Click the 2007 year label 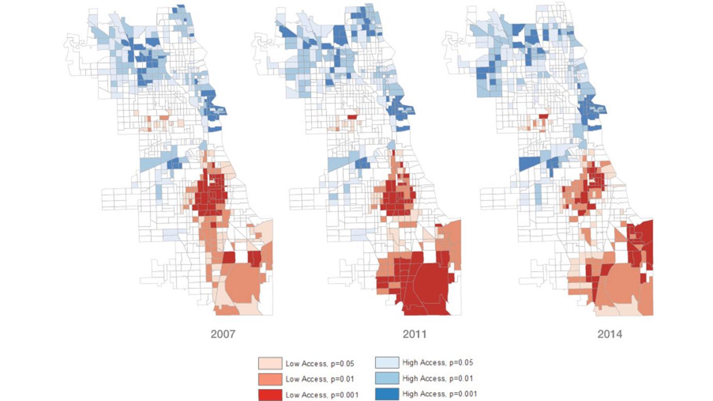[223, 334]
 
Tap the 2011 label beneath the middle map [414, 334]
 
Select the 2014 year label [610, 334]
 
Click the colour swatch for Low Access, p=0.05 [270, 363]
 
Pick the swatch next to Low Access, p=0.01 [270, 379]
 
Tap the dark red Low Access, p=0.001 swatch [270, 395]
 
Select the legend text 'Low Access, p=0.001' [315, 395]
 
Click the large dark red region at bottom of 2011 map [424, 289]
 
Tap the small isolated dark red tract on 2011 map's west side [352, 117]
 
